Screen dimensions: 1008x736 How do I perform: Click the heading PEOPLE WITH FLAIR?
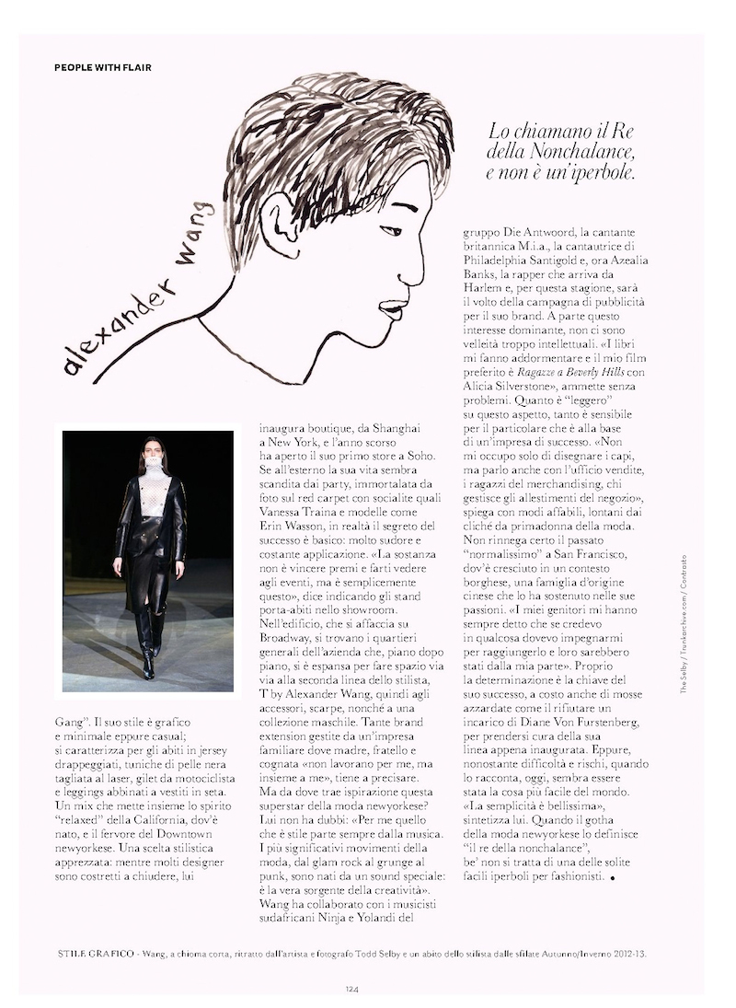[103, 67]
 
